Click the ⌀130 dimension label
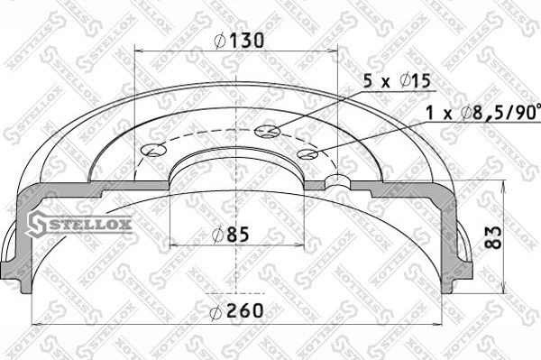(237, 40)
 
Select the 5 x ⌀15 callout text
(397, 80)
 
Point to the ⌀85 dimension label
(230, 235)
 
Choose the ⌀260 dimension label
(236, 312)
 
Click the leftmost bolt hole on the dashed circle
(154, 151)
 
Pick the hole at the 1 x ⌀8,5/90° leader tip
(307, 154)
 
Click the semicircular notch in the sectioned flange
(339, 181)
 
